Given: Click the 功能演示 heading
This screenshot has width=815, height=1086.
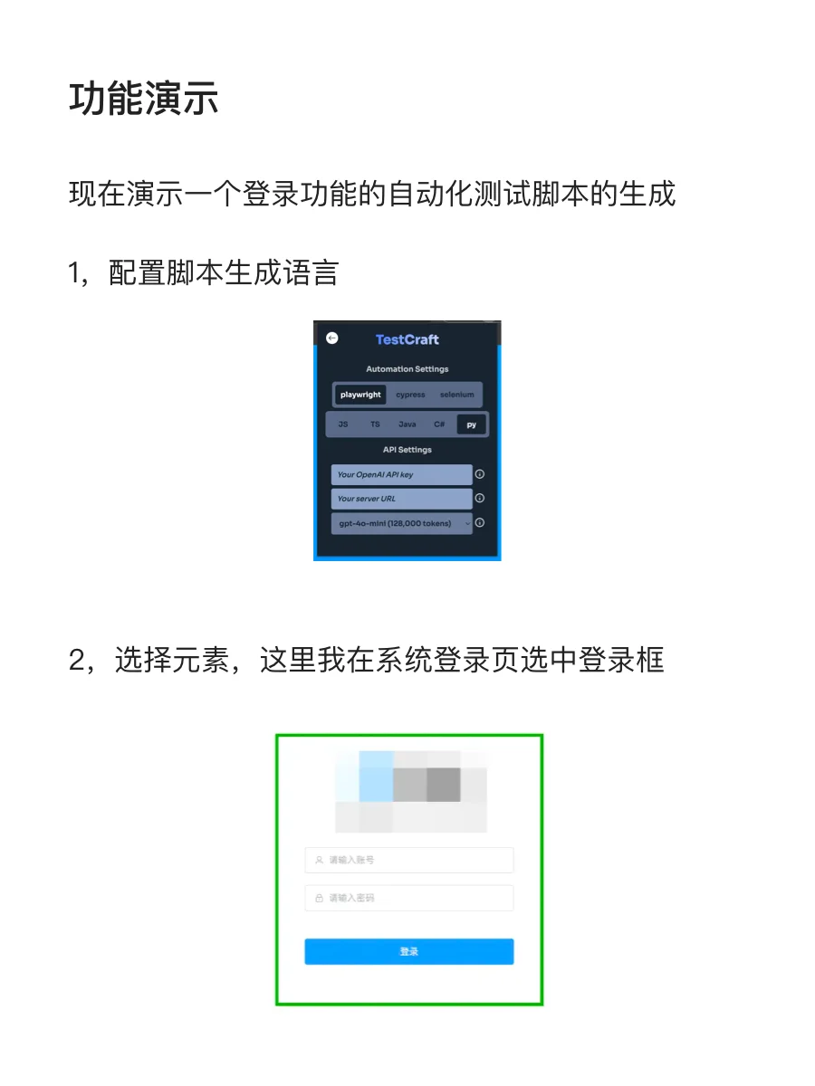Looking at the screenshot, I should tap(144, 99).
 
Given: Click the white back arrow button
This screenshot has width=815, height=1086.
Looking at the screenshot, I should tap(332, 338).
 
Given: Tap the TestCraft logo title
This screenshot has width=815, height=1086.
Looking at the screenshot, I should tap(407, 339).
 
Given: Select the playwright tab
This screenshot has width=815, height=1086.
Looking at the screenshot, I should tap(360, 395).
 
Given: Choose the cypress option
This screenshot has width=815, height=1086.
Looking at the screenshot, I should tap(410, 395).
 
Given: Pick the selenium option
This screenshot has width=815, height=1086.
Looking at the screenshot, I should tap(457, 395).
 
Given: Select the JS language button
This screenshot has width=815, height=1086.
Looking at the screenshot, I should tap(343, 424).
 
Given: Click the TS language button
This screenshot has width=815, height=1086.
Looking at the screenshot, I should tap(375, 424).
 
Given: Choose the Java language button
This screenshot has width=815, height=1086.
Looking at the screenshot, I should tap(407, 424).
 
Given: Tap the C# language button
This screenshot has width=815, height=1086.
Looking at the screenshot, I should tap(439, 424).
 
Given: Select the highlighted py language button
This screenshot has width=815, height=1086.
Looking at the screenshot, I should tap(471, 424).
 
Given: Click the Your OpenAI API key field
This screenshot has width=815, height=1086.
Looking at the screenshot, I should tap(401, 474).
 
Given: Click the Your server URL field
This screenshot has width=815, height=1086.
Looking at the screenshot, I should tap(401, 499).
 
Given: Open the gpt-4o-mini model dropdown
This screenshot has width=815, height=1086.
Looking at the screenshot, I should tap(401, 523).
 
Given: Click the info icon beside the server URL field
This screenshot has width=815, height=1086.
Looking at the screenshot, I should tap(480, 499).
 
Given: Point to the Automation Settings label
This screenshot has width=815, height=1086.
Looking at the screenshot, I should tap(407, 369).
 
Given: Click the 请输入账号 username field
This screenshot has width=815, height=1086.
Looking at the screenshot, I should tap(409, 860).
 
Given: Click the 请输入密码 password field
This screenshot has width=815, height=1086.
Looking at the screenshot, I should tap(409, 898).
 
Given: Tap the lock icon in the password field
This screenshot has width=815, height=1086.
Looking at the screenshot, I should tap(319, 899).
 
